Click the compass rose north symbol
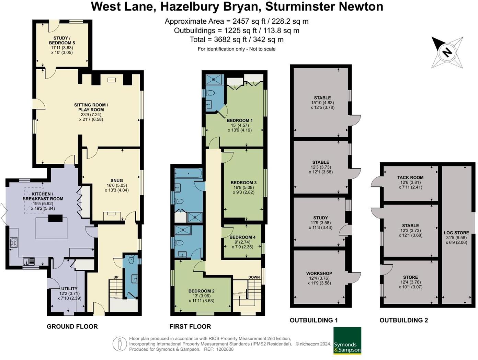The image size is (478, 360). [447, 53]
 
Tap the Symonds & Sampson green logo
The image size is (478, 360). [347, 340]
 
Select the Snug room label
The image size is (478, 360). [117, 181]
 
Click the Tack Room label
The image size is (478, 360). [410, 177]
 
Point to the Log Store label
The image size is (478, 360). [456, 233]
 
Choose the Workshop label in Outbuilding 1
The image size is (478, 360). [319, 274]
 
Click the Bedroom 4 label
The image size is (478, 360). [242, 237]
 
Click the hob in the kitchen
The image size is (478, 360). [14, 243]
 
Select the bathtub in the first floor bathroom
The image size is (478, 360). [188, 173]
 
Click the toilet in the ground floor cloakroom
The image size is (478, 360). [131, 260]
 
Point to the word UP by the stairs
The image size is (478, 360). [116, 277]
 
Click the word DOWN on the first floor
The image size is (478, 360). [254, 277]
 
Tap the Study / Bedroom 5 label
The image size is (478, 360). [62, 40]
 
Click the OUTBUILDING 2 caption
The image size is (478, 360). [403, 320]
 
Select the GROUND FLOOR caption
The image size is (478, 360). [72, 326]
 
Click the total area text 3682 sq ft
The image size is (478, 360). [237, 39]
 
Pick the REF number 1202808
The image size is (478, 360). [224, 349]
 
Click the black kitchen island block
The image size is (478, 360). [55, 219]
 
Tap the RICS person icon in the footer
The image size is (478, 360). [119, 344]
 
